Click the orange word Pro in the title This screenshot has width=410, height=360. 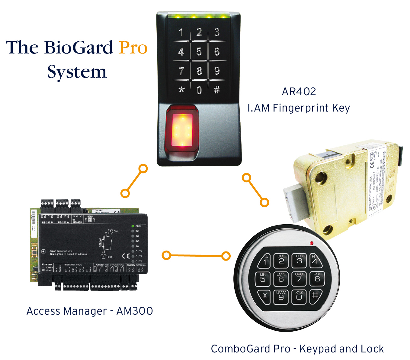click(x=133, y=48)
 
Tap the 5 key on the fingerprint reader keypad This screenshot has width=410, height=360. click(x=199, y=51)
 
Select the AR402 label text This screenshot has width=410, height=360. click(x=299, y=92)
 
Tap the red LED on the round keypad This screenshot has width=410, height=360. click(x=312, y=243)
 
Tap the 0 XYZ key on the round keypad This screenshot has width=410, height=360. click(x=299, y=297)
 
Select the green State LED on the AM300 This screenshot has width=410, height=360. click(x=133, y=226)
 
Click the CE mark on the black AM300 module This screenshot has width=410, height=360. click(x=126, y=256)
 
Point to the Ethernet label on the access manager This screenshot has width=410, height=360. click(x=47, y=264)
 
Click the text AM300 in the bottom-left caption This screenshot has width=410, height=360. click(x=135, y=311)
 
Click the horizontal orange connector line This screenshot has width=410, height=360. click(x=196, y=256)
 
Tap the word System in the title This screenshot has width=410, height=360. click(x=77, y=72)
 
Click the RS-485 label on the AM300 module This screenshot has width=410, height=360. click(x=77, y=222)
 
